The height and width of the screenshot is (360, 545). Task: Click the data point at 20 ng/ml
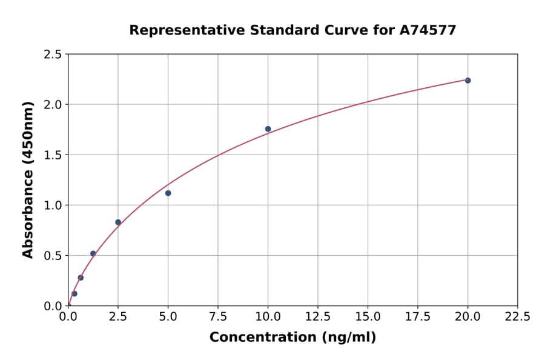tap(467, 80)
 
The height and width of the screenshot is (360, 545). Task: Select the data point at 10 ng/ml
tap(268, 129)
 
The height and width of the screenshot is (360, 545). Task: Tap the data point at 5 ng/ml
tap(168, 193)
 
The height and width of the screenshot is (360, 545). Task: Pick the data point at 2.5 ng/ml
tap(118, 222)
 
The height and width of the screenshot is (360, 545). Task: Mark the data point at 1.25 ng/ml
tap(93, 253)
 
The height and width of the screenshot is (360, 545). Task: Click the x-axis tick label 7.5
tap(218, 317)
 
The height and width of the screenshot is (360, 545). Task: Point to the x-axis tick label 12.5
tap(318, 317)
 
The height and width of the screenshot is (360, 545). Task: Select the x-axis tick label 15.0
tap(368, 317)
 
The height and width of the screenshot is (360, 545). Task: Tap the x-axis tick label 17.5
tap(418, 317)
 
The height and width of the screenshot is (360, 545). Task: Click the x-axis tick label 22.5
tap(518, 317)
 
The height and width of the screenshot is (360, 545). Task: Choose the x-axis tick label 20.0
tap(467, 317)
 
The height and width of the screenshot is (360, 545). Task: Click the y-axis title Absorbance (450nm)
tap(28, 179)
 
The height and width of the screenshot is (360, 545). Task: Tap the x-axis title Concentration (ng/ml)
tap(292, 338)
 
